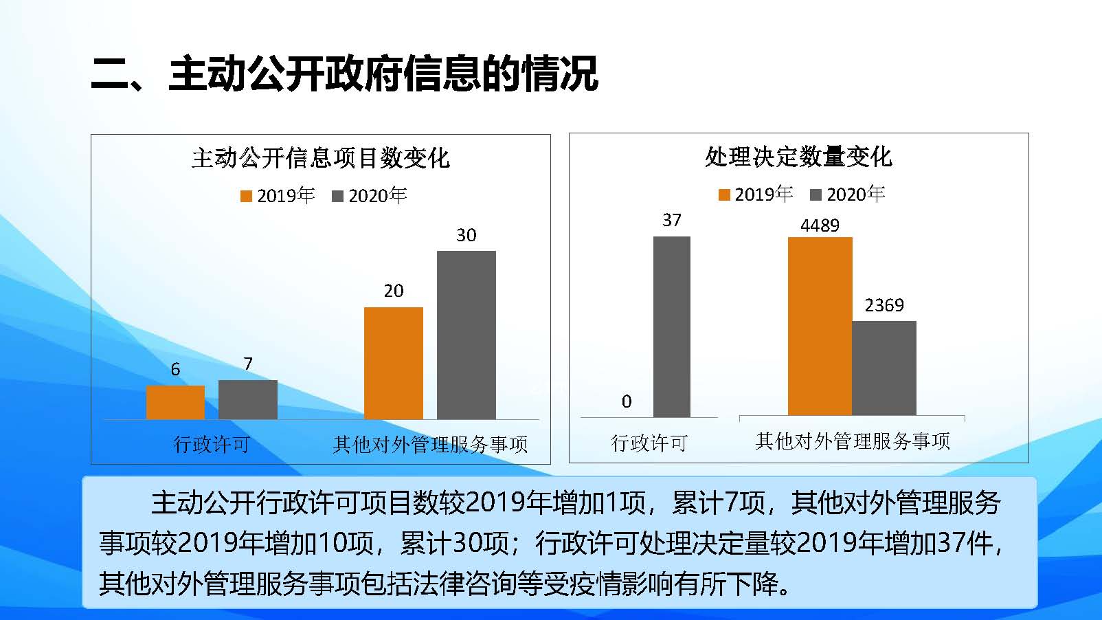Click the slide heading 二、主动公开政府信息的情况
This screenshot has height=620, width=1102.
coord(344,74)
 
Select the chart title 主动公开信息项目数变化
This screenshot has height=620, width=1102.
coord(320,158)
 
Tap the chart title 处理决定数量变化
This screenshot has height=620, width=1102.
coord(798,157)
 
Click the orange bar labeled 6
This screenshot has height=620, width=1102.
coord(175,402)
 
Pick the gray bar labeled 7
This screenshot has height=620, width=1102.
coord(248,399)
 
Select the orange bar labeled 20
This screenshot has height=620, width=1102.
coord(393,363)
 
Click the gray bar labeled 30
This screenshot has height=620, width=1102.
coord(466,335)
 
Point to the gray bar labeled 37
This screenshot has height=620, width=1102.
coord(671,326)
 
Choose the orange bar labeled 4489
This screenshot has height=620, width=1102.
coord(820,326)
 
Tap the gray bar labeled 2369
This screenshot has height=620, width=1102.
coord(884,368)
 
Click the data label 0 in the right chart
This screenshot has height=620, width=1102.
coord(627,401)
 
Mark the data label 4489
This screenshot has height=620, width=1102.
coord(820,225)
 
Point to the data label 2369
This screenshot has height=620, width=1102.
coord(884,305)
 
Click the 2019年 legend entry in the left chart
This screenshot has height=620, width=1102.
coord(278,196)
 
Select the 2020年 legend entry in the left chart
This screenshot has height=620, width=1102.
coord(370,196)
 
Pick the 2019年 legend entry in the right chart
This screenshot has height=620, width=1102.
coord(756,195)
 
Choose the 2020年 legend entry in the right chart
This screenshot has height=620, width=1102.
coord(848,195)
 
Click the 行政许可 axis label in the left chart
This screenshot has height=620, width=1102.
coord(212,444)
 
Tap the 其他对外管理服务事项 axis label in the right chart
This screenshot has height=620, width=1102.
coord(853,441)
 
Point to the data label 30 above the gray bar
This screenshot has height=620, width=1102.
coord(466,235)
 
